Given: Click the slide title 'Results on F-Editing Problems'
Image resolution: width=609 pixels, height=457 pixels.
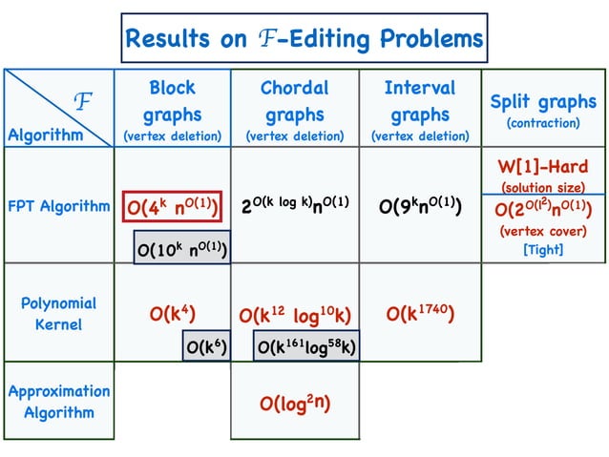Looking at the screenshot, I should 304,39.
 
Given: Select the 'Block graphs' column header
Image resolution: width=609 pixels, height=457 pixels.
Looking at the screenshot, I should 172,113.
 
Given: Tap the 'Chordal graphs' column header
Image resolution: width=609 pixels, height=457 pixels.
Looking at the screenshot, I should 294,113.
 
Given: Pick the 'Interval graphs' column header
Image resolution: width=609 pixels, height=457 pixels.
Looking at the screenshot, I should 419,113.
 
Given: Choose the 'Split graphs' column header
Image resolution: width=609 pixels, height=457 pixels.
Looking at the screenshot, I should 542,102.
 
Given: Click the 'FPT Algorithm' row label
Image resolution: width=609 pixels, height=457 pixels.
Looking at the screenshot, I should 58,205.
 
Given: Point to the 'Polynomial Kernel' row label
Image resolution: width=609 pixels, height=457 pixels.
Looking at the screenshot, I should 58,314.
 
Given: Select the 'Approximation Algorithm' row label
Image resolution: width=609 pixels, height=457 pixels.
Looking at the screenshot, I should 58,402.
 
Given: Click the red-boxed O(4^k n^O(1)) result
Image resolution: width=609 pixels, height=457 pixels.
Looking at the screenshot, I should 173,205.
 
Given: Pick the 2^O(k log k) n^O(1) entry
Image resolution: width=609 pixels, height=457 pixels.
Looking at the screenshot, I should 294,204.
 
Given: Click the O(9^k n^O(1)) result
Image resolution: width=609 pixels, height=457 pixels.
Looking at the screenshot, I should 420,204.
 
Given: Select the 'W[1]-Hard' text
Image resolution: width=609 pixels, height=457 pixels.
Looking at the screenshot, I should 542,168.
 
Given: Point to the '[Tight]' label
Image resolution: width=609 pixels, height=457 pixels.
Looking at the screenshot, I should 542,250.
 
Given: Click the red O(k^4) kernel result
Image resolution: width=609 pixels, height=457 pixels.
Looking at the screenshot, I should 172,314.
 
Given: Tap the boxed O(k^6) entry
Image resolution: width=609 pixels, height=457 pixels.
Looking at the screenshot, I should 205,345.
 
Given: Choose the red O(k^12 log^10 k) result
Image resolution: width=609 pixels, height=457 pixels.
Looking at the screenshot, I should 294,315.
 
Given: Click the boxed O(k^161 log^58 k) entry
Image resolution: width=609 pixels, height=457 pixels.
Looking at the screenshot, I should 305,345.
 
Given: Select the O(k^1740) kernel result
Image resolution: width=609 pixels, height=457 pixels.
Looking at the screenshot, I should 420,314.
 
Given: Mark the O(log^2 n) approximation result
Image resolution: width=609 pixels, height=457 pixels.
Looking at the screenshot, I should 294,403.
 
